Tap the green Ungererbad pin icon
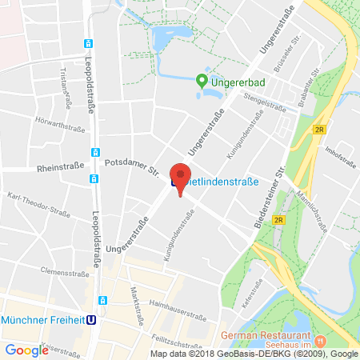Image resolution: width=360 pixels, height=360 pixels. coord(201,80)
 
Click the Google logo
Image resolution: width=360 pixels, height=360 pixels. coord(26,350)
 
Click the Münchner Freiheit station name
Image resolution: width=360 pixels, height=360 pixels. coord(43,318)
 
